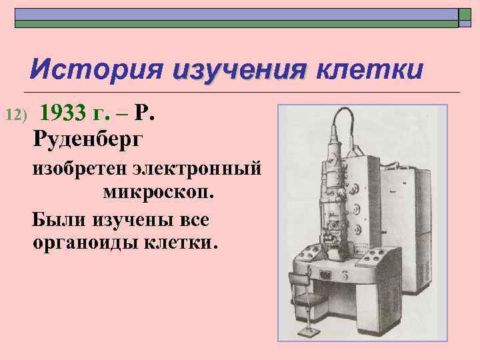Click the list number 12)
click(x=15, y=116)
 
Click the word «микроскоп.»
click(x=159, y=193)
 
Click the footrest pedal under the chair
click(x=309, y=331)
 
